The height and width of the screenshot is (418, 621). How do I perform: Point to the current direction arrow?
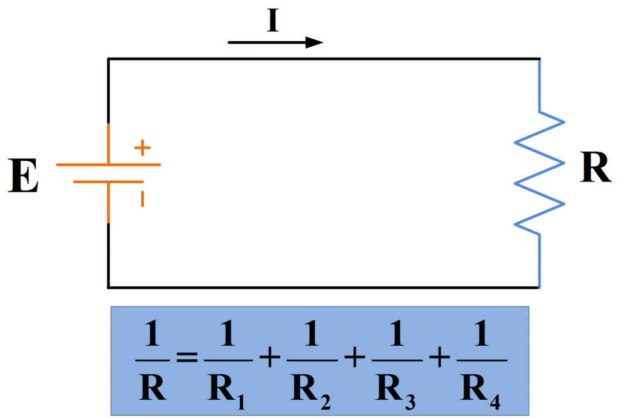(275, 42)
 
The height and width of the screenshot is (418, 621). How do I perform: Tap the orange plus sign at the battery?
(142, 147)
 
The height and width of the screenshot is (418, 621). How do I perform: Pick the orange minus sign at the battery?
(143, 198)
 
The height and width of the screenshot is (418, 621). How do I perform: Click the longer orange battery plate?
(109, 164)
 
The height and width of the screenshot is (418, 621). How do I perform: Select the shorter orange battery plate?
(109, 181)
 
